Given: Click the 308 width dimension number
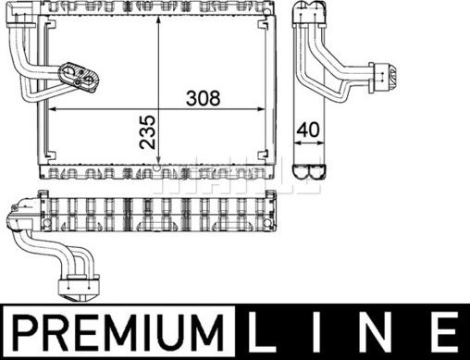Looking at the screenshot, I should [204, 97].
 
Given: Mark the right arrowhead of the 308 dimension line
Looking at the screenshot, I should [270, 109].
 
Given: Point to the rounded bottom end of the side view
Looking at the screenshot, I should [309, 171].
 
